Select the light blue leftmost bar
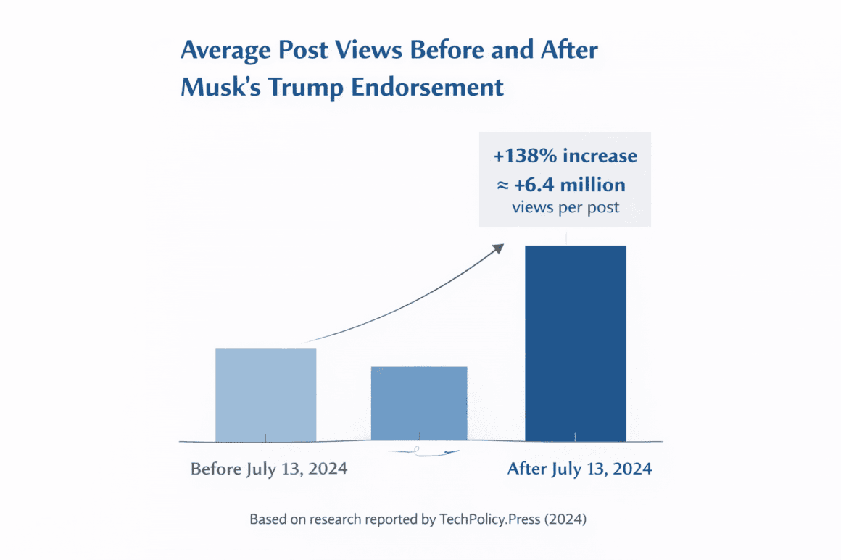tap(265, 394)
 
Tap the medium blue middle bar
tap(419, 403)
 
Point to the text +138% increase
tap(565, 156)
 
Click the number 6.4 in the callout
tap(552, 185)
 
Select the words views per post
tap(565, 207)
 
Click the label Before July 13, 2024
tap(269, 469)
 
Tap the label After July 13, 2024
tap(579, 469)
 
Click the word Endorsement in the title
tap(427, 88)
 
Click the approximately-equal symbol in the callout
tap(502, 185)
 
